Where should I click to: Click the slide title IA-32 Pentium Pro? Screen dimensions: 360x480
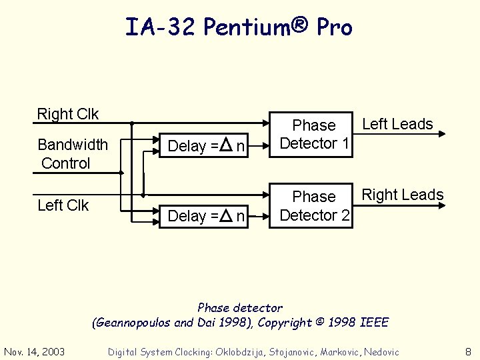click(239, 27)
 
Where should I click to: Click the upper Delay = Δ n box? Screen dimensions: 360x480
click(207, 146)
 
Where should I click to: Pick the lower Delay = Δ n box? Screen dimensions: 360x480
click(207, 216)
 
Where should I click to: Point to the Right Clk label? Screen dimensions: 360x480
click(67, 114)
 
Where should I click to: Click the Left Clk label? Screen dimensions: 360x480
click(63, 205)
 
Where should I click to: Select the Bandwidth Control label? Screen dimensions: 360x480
click(72, 154)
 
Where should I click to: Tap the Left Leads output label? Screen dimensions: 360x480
click(397, 124)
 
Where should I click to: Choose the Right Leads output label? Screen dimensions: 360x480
click(402, 195)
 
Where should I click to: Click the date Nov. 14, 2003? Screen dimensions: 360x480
click(35, 351)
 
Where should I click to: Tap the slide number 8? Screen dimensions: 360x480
click(468, 351)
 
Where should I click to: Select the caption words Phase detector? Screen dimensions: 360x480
click(240, 308)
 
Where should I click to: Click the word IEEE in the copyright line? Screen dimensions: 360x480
click(374, 323)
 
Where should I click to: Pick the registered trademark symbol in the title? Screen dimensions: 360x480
click(300, 24)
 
